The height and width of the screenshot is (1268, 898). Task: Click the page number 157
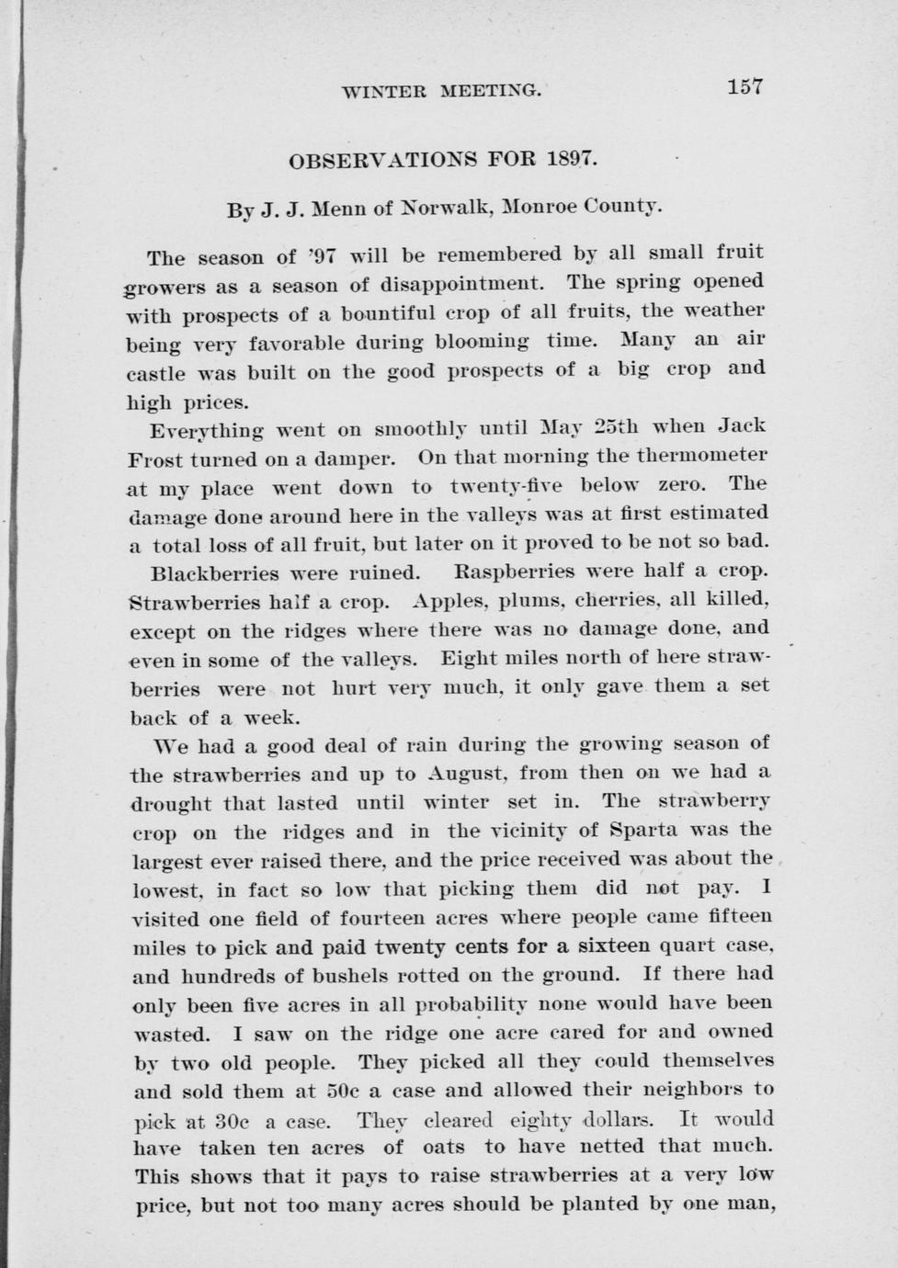pyautogui.click(x=745, y=87)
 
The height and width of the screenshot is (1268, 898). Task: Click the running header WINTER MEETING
pyautogui.click(x=441, y=91)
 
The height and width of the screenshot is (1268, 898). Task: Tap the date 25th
pyautogui.click(x=621, y=427)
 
